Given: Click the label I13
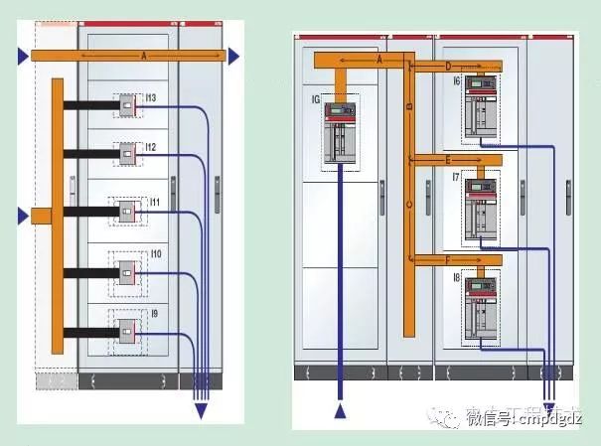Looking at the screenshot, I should (x=151, y=98).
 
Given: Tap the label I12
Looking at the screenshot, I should (x=151, y=147).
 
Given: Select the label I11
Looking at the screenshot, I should (x=153, y=202).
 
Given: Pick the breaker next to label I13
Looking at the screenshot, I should (x=128, y=103).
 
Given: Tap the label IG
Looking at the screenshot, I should (x=317, y=99).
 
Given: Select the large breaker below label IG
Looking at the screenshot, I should (x=342, y=132).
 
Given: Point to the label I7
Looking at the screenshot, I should (x=455, y=179).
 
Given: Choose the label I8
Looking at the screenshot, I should (x=455, y=279).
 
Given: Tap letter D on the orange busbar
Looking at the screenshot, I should (x=448, y=67).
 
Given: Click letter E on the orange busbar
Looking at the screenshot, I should (x=448, y=159).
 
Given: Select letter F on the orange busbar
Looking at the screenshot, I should (x=448, y=260).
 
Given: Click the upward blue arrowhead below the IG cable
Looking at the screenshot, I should (x=342, y=412).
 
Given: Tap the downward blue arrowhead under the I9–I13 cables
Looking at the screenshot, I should (x=201, y=411).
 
